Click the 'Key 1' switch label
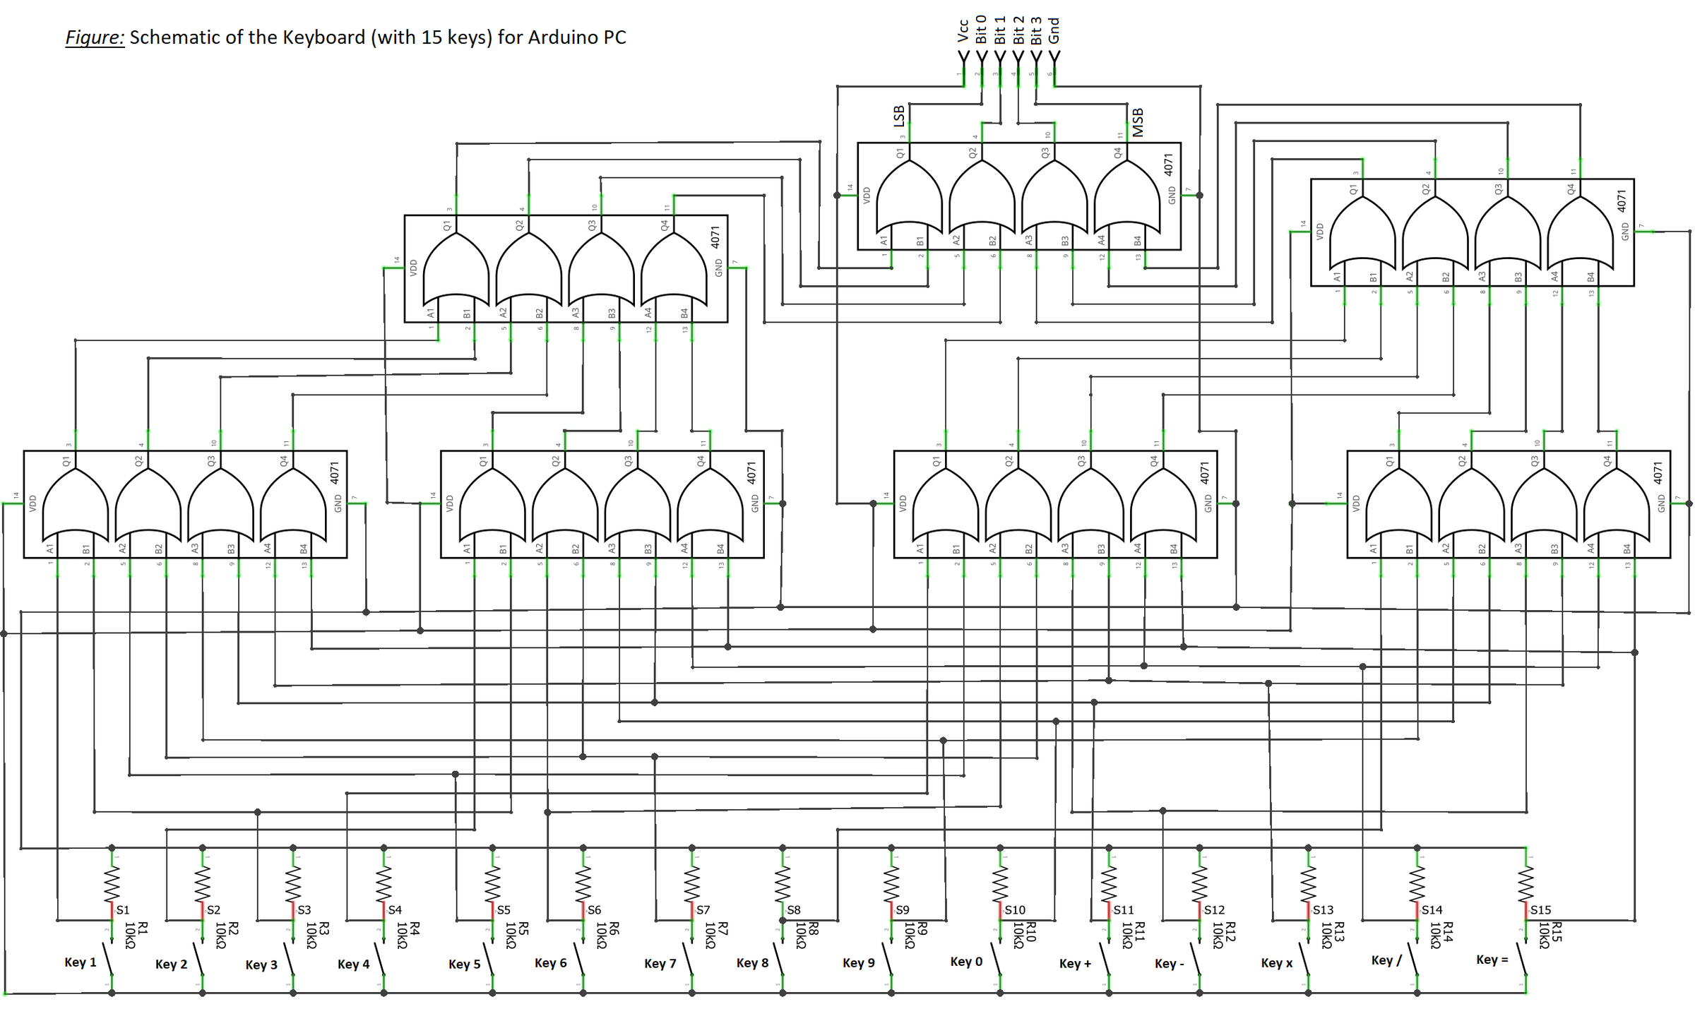[80, 962]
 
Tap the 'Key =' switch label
[1492, 960]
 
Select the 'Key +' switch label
[1075, 964]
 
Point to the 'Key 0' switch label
[966, 962]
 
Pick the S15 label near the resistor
[1540, 910]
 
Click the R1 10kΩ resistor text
[136, 935]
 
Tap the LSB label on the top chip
[898, 116]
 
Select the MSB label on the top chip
[1138, 122]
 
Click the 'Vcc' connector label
[963, 30]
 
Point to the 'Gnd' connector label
[1054, 30]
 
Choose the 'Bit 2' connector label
[1018, 30]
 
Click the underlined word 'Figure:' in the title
[95, 37]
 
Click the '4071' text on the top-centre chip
[1168, 165]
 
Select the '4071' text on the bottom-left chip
[335, 472]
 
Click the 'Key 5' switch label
[464, 964]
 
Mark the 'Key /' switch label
[1386, 960]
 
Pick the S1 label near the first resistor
[123, 910]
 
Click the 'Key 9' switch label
[858, 963]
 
